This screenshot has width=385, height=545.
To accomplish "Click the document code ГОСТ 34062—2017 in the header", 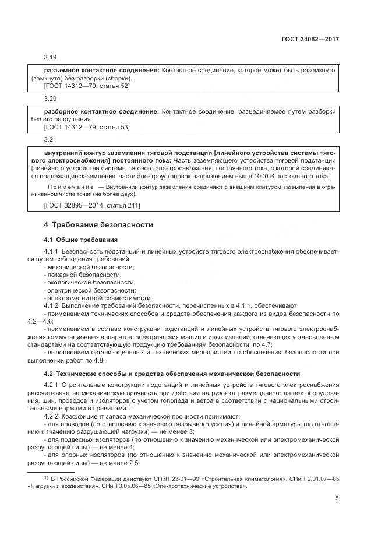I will coord(312,39).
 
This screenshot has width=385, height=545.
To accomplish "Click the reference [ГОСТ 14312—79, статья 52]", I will coord(87,86).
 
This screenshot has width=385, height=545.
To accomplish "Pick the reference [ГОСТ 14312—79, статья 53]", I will coord(87,127).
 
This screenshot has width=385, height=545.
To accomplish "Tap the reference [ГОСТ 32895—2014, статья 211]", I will coord(92,205).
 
